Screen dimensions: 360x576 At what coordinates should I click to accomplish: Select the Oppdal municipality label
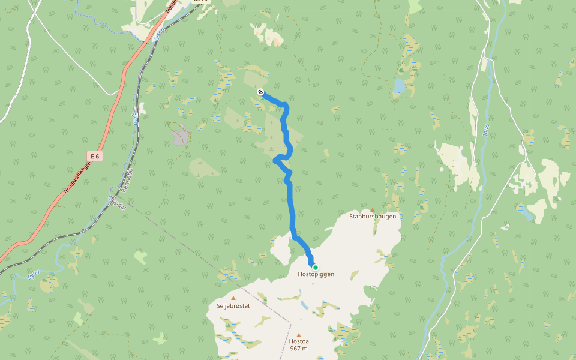(118, 203)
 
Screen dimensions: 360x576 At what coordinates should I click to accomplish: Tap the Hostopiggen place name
(316, 274)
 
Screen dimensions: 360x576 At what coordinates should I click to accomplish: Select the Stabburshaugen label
(373, 216)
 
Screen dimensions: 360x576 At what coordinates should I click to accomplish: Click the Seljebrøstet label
(233, 305)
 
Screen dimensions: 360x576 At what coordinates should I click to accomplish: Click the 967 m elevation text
(298, 349)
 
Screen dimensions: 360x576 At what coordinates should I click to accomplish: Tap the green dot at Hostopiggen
(315, 268)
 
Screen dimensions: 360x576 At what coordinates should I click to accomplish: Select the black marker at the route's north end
(260, 92)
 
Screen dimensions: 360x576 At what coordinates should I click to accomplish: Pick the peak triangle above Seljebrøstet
(233, 298)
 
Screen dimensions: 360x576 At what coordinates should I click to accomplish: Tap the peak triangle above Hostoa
(298, 335)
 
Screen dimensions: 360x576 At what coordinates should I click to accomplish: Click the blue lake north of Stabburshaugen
(398, 88)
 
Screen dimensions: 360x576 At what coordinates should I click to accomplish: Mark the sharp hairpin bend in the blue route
(275, 160)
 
